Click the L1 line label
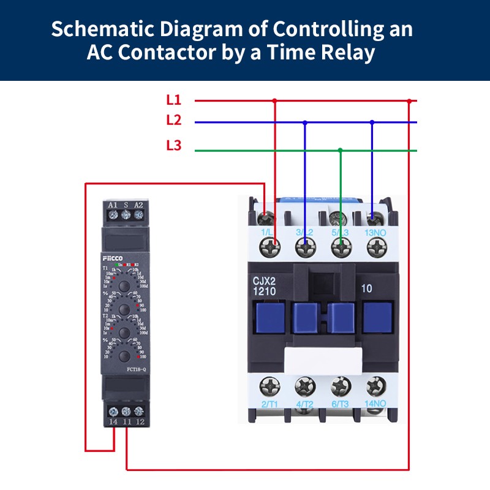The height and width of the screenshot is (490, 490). pos(174,100)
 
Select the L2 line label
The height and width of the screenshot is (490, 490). pos(174,121)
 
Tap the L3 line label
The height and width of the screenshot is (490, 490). pos(174,146)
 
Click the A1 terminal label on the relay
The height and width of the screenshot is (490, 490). pos(113,205)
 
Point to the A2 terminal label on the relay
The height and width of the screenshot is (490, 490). pos(138,205)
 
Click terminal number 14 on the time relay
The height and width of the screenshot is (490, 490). pos(113,423)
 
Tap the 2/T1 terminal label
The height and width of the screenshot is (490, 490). pos(270,404)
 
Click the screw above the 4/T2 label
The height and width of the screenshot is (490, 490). pos(304,386)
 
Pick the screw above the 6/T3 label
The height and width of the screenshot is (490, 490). pos(339,386)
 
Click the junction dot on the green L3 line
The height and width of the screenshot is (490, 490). pos(341,149)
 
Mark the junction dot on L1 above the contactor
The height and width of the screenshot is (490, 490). pos(274,100)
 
